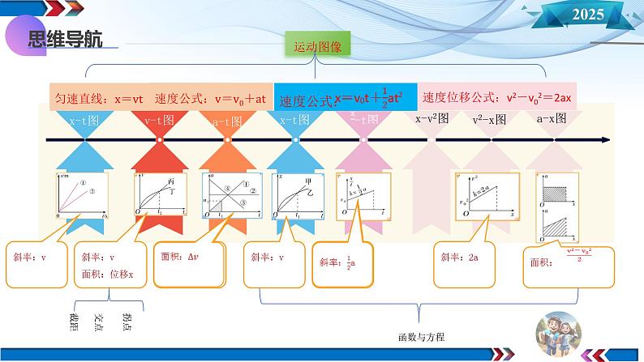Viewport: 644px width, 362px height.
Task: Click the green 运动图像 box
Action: pos(317,47)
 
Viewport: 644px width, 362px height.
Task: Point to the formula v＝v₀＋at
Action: pos(241,98)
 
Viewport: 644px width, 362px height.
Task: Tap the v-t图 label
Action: pos(159,121)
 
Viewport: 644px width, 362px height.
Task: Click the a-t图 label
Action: pos(227,121)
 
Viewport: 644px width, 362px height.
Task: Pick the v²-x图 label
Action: pos(489,119)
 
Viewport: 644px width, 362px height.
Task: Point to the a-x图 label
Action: pos(552,118)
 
